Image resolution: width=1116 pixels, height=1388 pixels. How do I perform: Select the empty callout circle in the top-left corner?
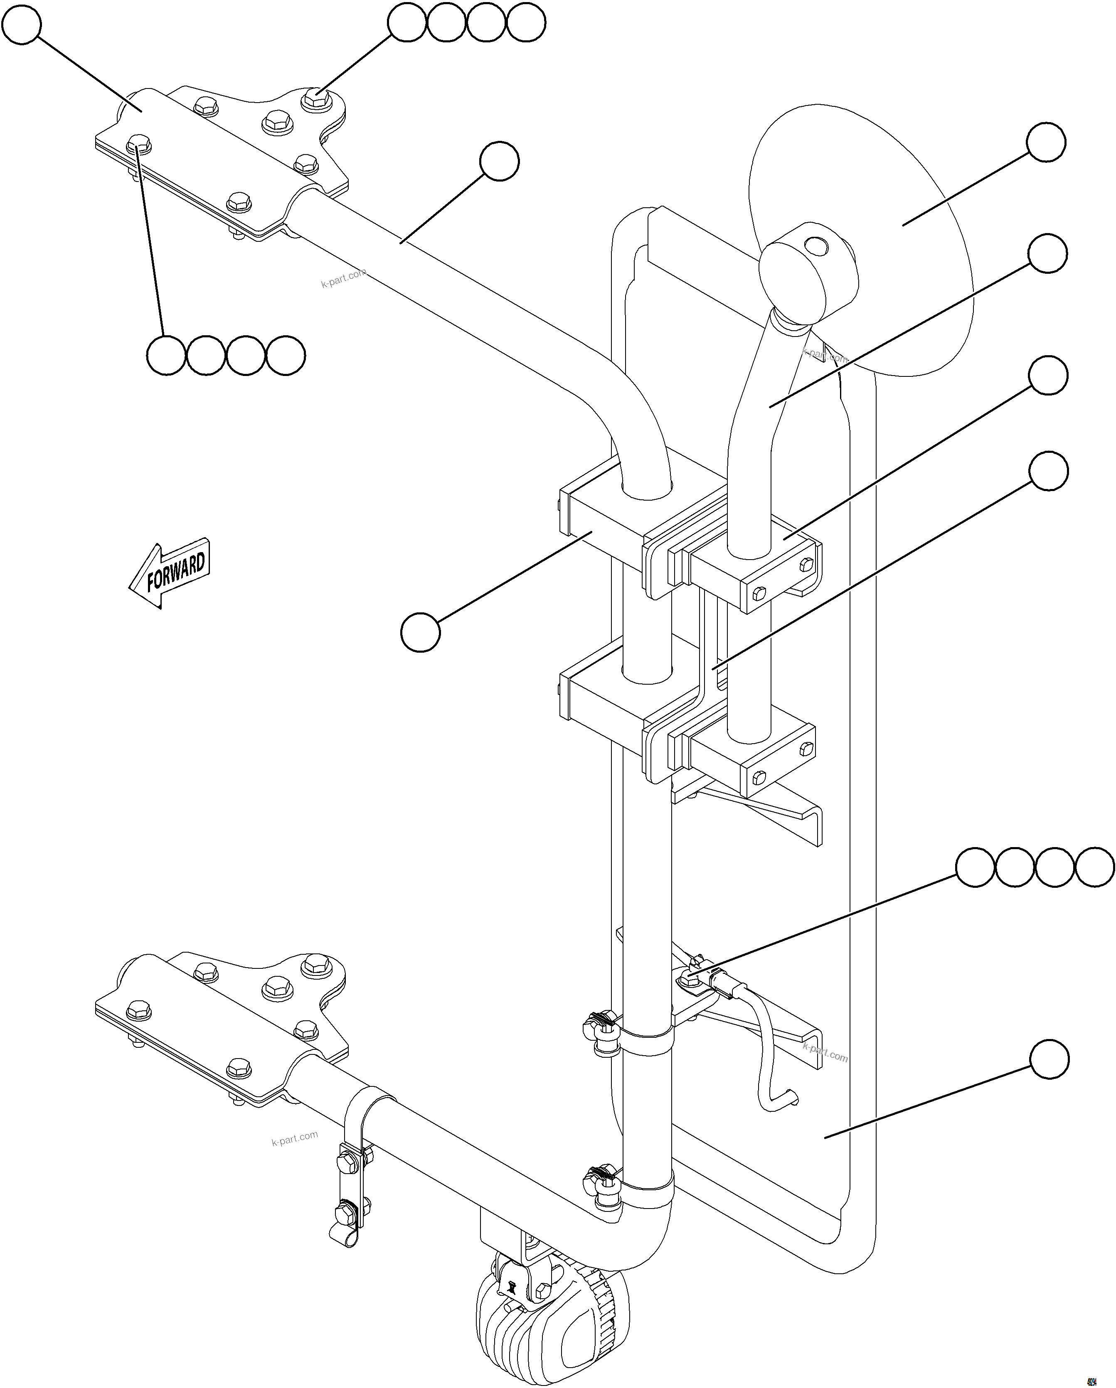(22, 25)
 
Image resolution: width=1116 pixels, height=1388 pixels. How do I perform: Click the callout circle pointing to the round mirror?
(1046, 143)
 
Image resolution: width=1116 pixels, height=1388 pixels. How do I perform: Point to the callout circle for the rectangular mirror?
(1049, 1059)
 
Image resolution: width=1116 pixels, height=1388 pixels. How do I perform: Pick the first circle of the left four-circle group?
(166, 355)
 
